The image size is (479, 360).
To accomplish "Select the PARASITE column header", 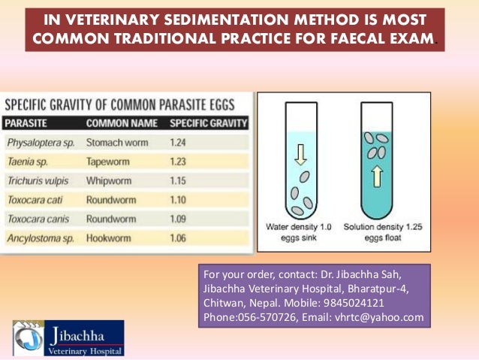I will (28, 123).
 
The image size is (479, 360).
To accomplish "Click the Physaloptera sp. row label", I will (41, 141).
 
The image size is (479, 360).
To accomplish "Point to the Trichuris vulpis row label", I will (41, 180).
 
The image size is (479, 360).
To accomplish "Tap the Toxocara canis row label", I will (41, 219).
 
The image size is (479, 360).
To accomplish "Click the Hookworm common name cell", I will (110, 238).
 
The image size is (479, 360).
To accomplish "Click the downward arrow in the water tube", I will (300, 155).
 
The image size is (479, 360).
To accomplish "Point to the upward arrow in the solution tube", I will (375, 178).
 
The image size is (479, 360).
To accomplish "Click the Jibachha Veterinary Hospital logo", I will (68, 338).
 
